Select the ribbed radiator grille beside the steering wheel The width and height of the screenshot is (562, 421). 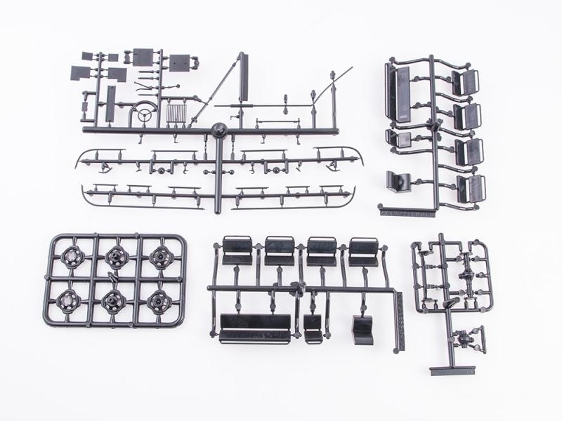176,111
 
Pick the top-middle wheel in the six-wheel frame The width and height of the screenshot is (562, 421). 115,258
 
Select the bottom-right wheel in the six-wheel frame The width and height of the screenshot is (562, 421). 159,300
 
